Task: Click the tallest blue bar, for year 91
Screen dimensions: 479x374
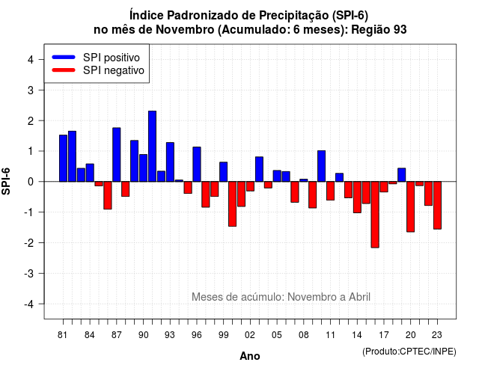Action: point(152,147)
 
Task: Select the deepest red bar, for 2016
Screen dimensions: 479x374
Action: point(375,215)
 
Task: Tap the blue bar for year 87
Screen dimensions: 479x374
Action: point(117,155)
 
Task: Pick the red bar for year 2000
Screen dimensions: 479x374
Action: point(232,204)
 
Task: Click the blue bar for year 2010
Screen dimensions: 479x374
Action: point(321,166)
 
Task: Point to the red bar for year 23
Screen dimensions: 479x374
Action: point(437,205)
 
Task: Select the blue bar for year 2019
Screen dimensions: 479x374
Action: point(402,175)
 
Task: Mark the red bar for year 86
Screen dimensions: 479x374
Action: point(108,195)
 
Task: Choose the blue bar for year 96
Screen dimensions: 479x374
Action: point(197,165)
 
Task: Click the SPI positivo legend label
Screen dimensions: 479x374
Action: point(112,58)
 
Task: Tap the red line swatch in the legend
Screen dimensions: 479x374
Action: point(64,70)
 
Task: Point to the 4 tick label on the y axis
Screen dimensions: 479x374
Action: point(31,60)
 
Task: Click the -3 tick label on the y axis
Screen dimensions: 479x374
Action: point(29,273)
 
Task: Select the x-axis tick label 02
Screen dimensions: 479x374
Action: point(250,335)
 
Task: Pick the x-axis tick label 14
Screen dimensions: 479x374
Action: point(357,335)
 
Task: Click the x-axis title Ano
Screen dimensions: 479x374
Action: point(250,356)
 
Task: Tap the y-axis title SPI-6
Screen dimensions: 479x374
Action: point(6,181)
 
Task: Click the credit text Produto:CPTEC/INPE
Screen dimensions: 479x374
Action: point(409,352)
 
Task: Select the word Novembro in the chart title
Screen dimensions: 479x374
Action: point(186,30)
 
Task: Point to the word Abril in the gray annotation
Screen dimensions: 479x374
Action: point(359,297)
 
